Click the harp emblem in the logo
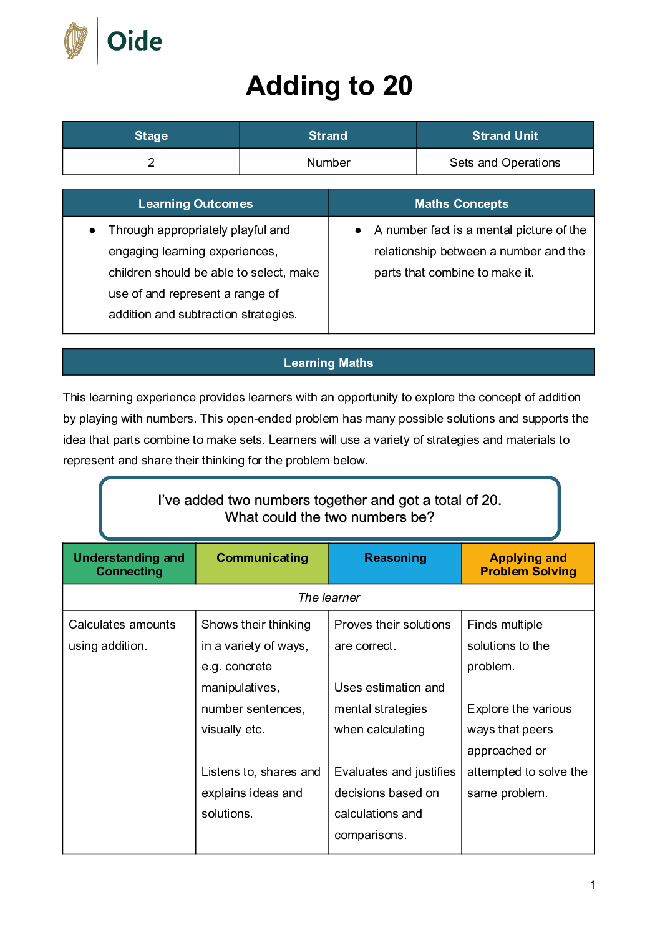(x=76, y=41)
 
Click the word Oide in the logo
(x=134, y=42)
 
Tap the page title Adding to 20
(x=329, y=86)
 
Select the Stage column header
(x=151, y=135)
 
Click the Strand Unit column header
(x=505, y=135)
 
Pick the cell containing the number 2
(x=151, y=162)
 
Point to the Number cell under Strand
(x=328, y=162)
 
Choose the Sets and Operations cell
(x=505, y=162)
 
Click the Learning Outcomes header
(x=195, y=203)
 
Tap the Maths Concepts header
(x=462, y=203)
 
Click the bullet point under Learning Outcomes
(x=92, y=230)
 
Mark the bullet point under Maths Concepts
(x=358, y=230)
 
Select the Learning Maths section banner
(x=328, y=363)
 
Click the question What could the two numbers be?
(x=329, y=517)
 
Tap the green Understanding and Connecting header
(x=129, y=564)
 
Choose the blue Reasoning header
(x=395, y=558)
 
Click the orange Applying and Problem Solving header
(x=528, y=564)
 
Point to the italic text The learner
(x=329, y=597)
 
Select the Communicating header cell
(x=262, y=558)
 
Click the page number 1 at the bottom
(x=593, y=884)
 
